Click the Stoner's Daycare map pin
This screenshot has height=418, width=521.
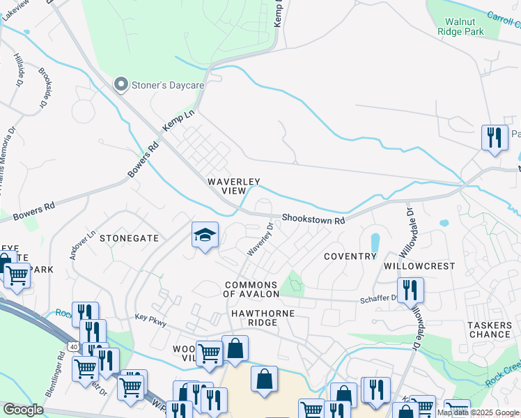122,85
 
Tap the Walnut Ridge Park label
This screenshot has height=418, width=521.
460,26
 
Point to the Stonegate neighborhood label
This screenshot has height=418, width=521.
129,238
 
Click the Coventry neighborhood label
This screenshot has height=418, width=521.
350,256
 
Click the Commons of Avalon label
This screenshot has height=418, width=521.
250,289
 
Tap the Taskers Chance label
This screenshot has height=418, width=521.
489,330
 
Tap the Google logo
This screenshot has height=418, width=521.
23,410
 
